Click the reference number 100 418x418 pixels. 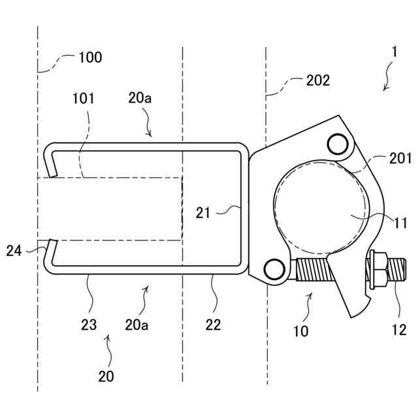click(x=90, y=57)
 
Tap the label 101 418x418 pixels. click(x=84, y=99)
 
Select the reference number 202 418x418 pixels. click(x=318, y=81)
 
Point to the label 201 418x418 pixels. click(x=400, y=158)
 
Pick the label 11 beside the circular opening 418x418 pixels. click(x=400, y=223)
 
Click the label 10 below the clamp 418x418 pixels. click(x=300, y=331)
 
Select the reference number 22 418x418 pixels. click(x=213, y=325)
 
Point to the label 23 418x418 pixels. click(x=89, y=325)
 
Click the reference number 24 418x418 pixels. click(x=15, y=250)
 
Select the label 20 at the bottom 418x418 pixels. click(x=106, y=376)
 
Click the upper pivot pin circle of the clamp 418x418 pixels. click(x=338, y=143)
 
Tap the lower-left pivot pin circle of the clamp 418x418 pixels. click(x=274, y=268)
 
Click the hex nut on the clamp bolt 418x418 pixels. click(x=378, y=268)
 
